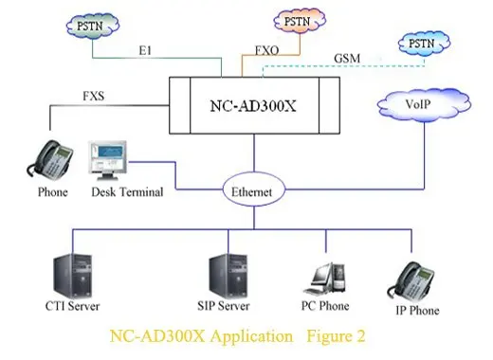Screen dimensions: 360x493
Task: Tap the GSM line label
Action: click(x=348, y=59)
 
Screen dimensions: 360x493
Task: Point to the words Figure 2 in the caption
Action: click(x=333, y=335)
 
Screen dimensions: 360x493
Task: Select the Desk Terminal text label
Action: click(x=127, y=192)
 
